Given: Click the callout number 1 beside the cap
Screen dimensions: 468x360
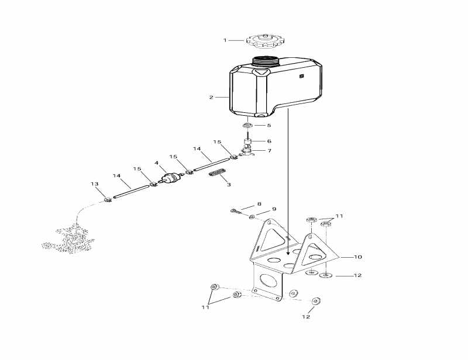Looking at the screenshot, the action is (225, 40).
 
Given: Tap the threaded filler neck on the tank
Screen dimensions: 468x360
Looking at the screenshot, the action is (265, 61).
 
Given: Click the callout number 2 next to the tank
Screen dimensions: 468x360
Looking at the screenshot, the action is (211, 97).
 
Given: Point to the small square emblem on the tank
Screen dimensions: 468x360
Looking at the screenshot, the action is (301, 76).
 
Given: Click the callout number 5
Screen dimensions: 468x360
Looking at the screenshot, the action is (269, 125).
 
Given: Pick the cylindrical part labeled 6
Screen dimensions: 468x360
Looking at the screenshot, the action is (248, 141).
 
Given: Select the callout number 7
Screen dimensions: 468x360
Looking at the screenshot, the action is (269, 151).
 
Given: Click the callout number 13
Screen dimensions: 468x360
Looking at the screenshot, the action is (95, 184).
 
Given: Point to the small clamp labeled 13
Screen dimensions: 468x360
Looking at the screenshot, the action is (108, 199).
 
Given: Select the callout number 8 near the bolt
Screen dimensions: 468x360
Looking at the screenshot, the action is (259, 204).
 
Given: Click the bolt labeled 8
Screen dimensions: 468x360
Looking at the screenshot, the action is (235, 211).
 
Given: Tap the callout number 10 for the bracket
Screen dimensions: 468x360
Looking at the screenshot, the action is (357, 257).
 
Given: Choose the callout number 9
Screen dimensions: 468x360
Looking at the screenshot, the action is (274, 209).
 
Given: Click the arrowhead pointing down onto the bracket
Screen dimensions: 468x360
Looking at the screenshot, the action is (287, 253).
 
